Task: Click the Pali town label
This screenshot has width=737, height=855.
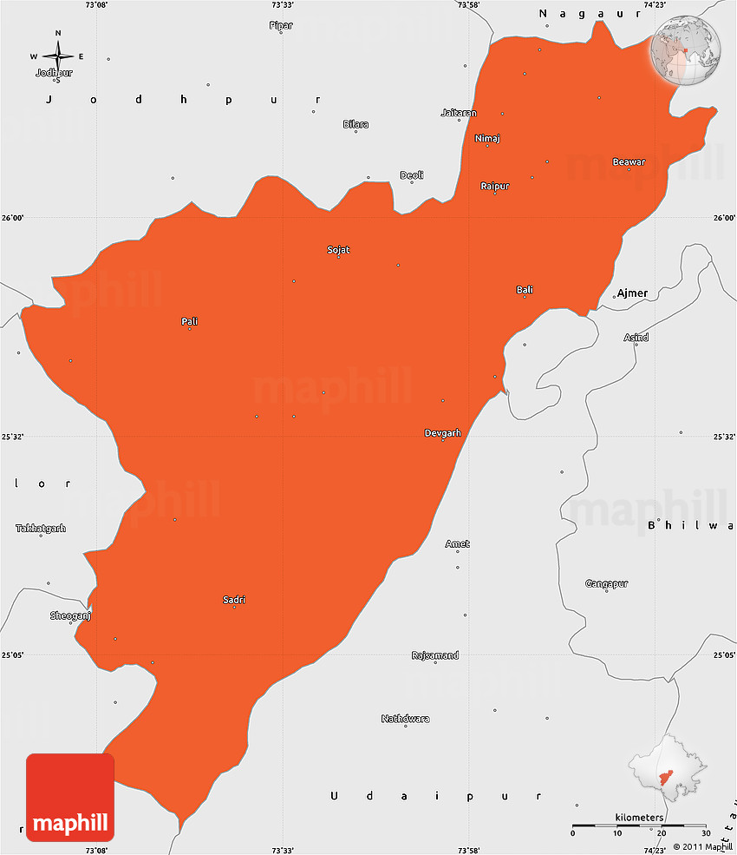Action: pyautogui.click(x=189, y=322)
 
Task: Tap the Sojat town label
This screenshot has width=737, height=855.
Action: pyautogui.click(x=338, y=250)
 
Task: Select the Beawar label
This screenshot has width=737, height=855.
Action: pyautogui.click(x=629, y=162)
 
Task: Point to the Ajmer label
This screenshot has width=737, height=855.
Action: pyautogui.click(x=632, y=293)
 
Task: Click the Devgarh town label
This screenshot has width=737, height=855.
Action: pyautogui.click(x=442, y=432)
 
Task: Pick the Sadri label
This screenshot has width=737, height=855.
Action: pyautogui.click(x=234, y=600)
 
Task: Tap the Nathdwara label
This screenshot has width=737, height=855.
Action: pyautogui.click(x=405, y=719)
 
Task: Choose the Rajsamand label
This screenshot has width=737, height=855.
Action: pyautogui.click(x=435, y=655)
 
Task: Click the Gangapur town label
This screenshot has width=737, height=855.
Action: pyautogui.click(x=606, y=583)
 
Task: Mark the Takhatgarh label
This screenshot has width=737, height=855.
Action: pyautogui.click(x=41, y=528)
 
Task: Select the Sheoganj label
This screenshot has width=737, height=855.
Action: pyautogui.click(x=70, y=615)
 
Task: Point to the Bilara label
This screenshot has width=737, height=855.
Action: pyautogui.click(x=355, y=124)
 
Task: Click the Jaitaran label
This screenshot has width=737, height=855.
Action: pyautogui.click(x=459, y=113)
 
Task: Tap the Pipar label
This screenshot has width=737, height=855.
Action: pyautogui.click(x=281, y=26)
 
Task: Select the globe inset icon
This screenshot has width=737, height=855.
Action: pyautogui.click(x=686, y=51)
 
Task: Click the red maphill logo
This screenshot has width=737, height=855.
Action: pyautogui.click(x=70, y=797)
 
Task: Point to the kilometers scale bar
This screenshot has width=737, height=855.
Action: pyautogui.click(x=639, y=825)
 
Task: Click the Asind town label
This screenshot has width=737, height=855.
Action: pyautogui.click(x=636, y=338)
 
